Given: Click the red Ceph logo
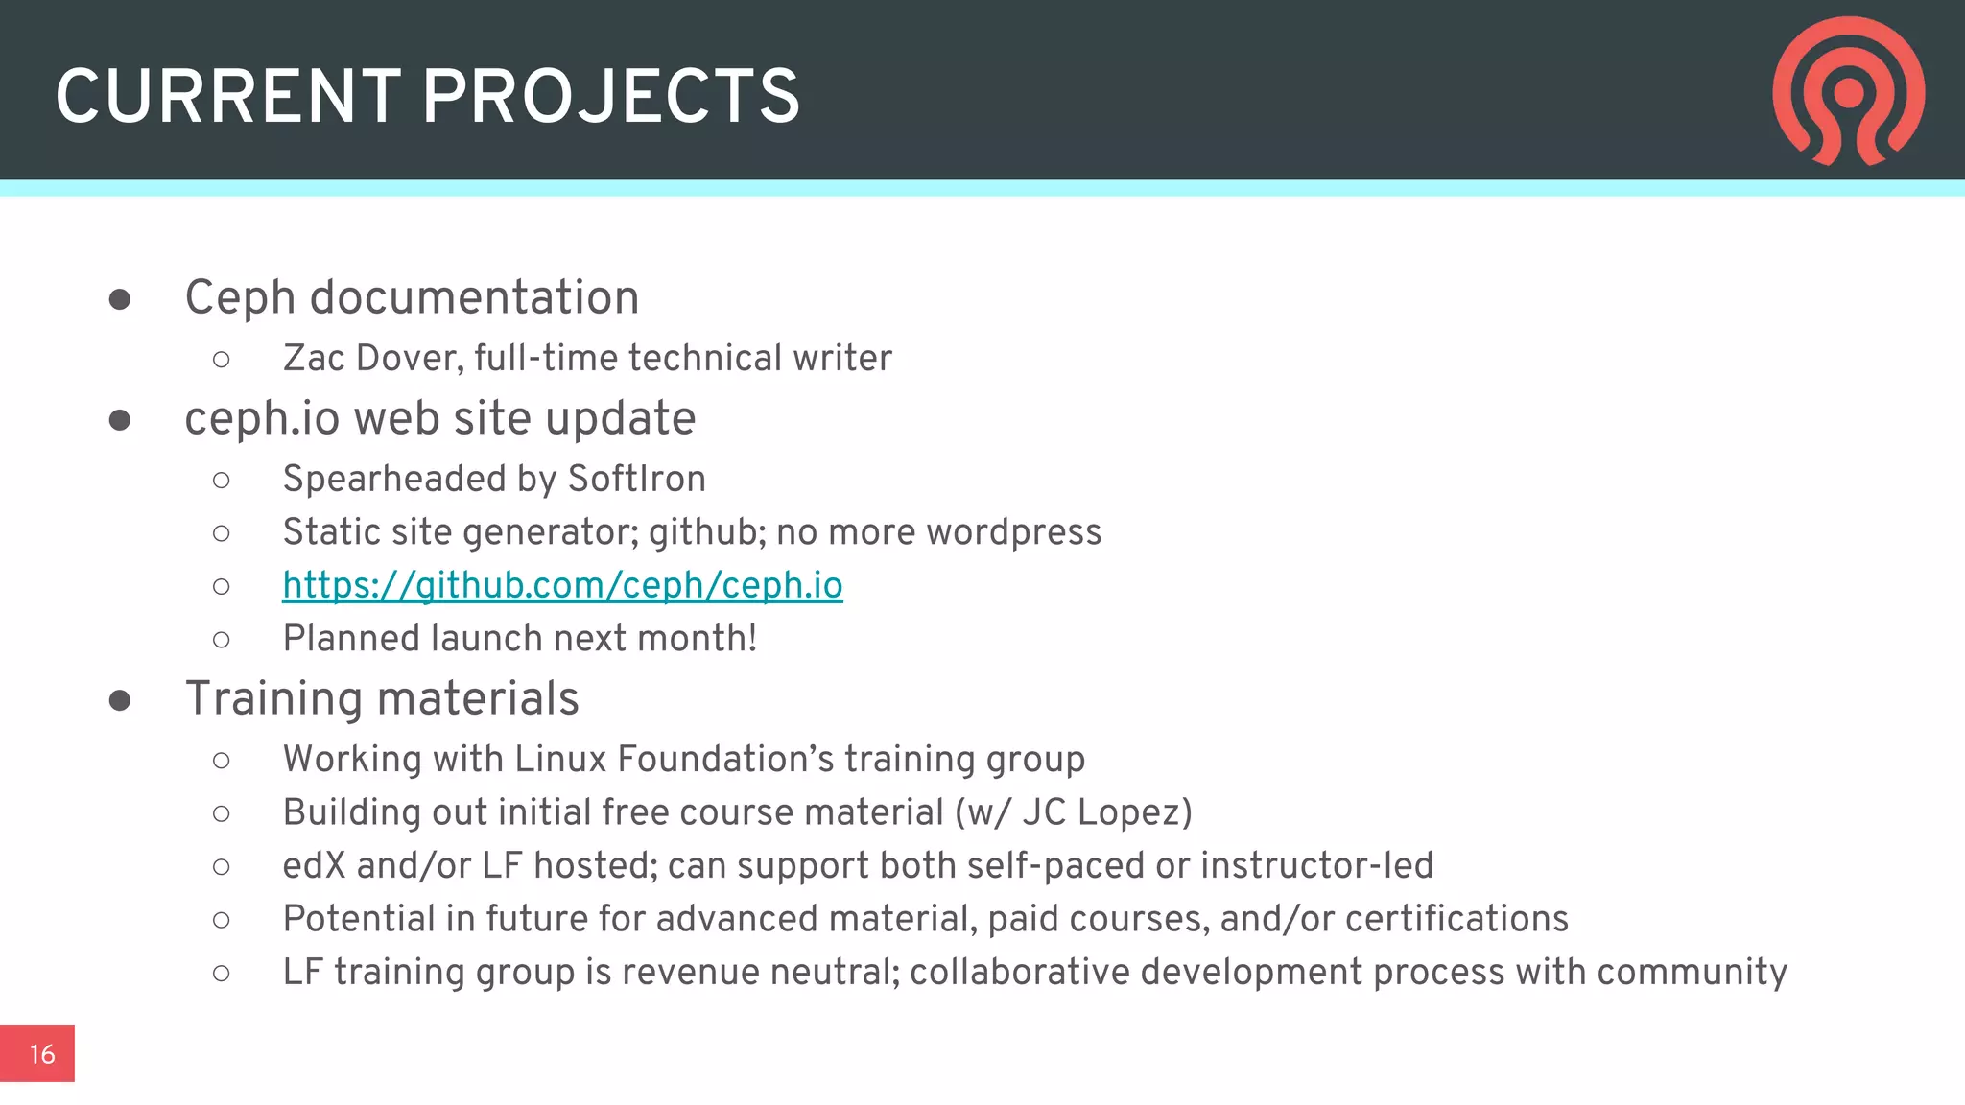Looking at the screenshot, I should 1848,91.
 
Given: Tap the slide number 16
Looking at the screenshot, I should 41,1054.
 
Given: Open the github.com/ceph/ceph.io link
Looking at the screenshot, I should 562,585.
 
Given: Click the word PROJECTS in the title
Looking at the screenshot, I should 610,97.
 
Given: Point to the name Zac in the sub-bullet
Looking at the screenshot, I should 314,358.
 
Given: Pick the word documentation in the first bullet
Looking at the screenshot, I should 474,297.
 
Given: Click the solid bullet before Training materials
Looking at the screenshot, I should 120,700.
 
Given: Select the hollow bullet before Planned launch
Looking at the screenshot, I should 222,640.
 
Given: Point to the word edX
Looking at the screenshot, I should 314,865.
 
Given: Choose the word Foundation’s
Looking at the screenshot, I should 726,759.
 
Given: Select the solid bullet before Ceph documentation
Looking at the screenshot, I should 120,299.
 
